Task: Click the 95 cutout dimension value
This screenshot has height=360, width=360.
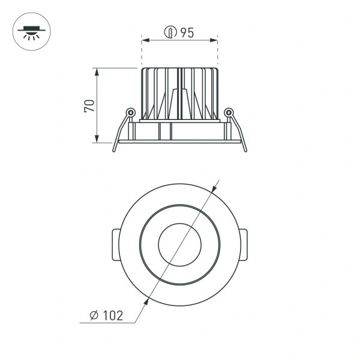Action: pos(186,34)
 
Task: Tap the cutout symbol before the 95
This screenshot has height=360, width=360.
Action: pos(171,34)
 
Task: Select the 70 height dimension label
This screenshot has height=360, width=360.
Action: pos(89,106)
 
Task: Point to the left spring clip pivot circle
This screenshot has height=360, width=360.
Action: pos(129,112)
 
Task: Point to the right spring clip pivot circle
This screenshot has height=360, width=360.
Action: pos(228,112)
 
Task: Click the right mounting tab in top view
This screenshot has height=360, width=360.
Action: pos(244,245)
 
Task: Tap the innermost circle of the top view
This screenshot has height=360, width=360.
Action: pos(179,245)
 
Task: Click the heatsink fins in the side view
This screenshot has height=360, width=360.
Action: pos(179,93)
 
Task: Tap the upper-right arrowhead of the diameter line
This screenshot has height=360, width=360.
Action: pos(214,191)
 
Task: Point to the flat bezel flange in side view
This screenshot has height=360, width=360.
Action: pos(179,142)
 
